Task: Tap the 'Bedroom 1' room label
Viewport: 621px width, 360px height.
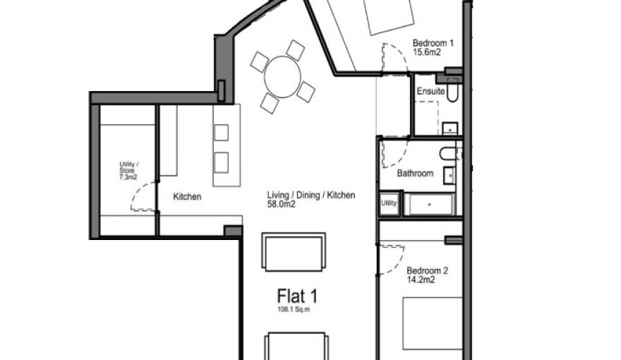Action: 433,43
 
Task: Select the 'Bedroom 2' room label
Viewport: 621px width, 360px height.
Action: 428,270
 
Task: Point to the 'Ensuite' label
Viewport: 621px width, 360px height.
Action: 430,92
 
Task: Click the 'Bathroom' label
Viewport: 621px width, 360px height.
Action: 414,173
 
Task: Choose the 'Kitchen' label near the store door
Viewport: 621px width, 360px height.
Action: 187,197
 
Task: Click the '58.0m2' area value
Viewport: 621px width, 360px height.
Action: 280,205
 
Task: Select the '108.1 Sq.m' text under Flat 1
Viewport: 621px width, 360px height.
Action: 294,309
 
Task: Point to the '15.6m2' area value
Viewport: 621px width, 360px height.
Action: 426,53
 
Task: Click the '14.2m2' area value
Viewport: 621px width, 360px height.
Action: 421,280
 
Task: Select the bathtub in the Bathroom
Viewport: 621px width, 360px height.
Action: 430,205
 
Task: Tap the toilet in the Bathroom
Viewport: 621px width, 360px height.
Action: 448,153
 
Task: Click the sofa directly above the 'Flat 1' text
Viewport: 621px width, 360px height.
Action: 294,251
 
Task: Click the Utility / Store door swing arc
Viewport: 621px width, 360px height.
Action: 143,196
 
